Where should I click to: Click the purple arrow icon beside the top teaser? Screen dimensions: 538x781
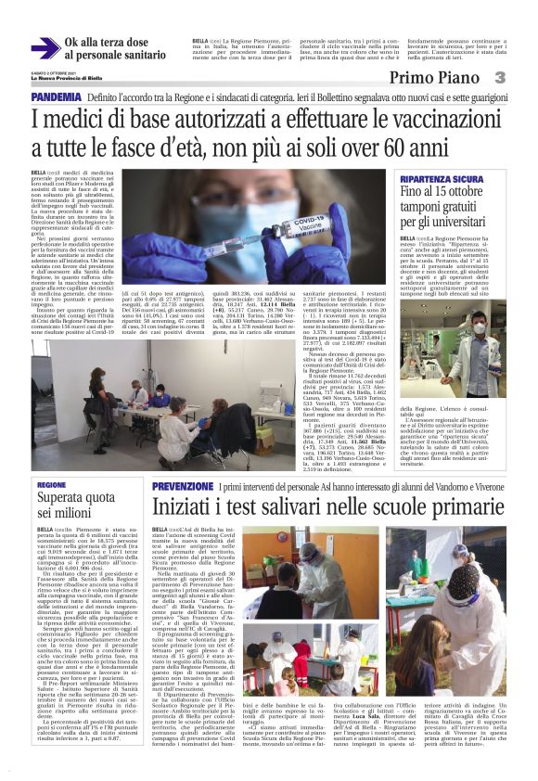point(44,48)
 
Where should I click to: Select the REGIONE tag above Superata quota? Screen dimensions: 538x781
point(52,485)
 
